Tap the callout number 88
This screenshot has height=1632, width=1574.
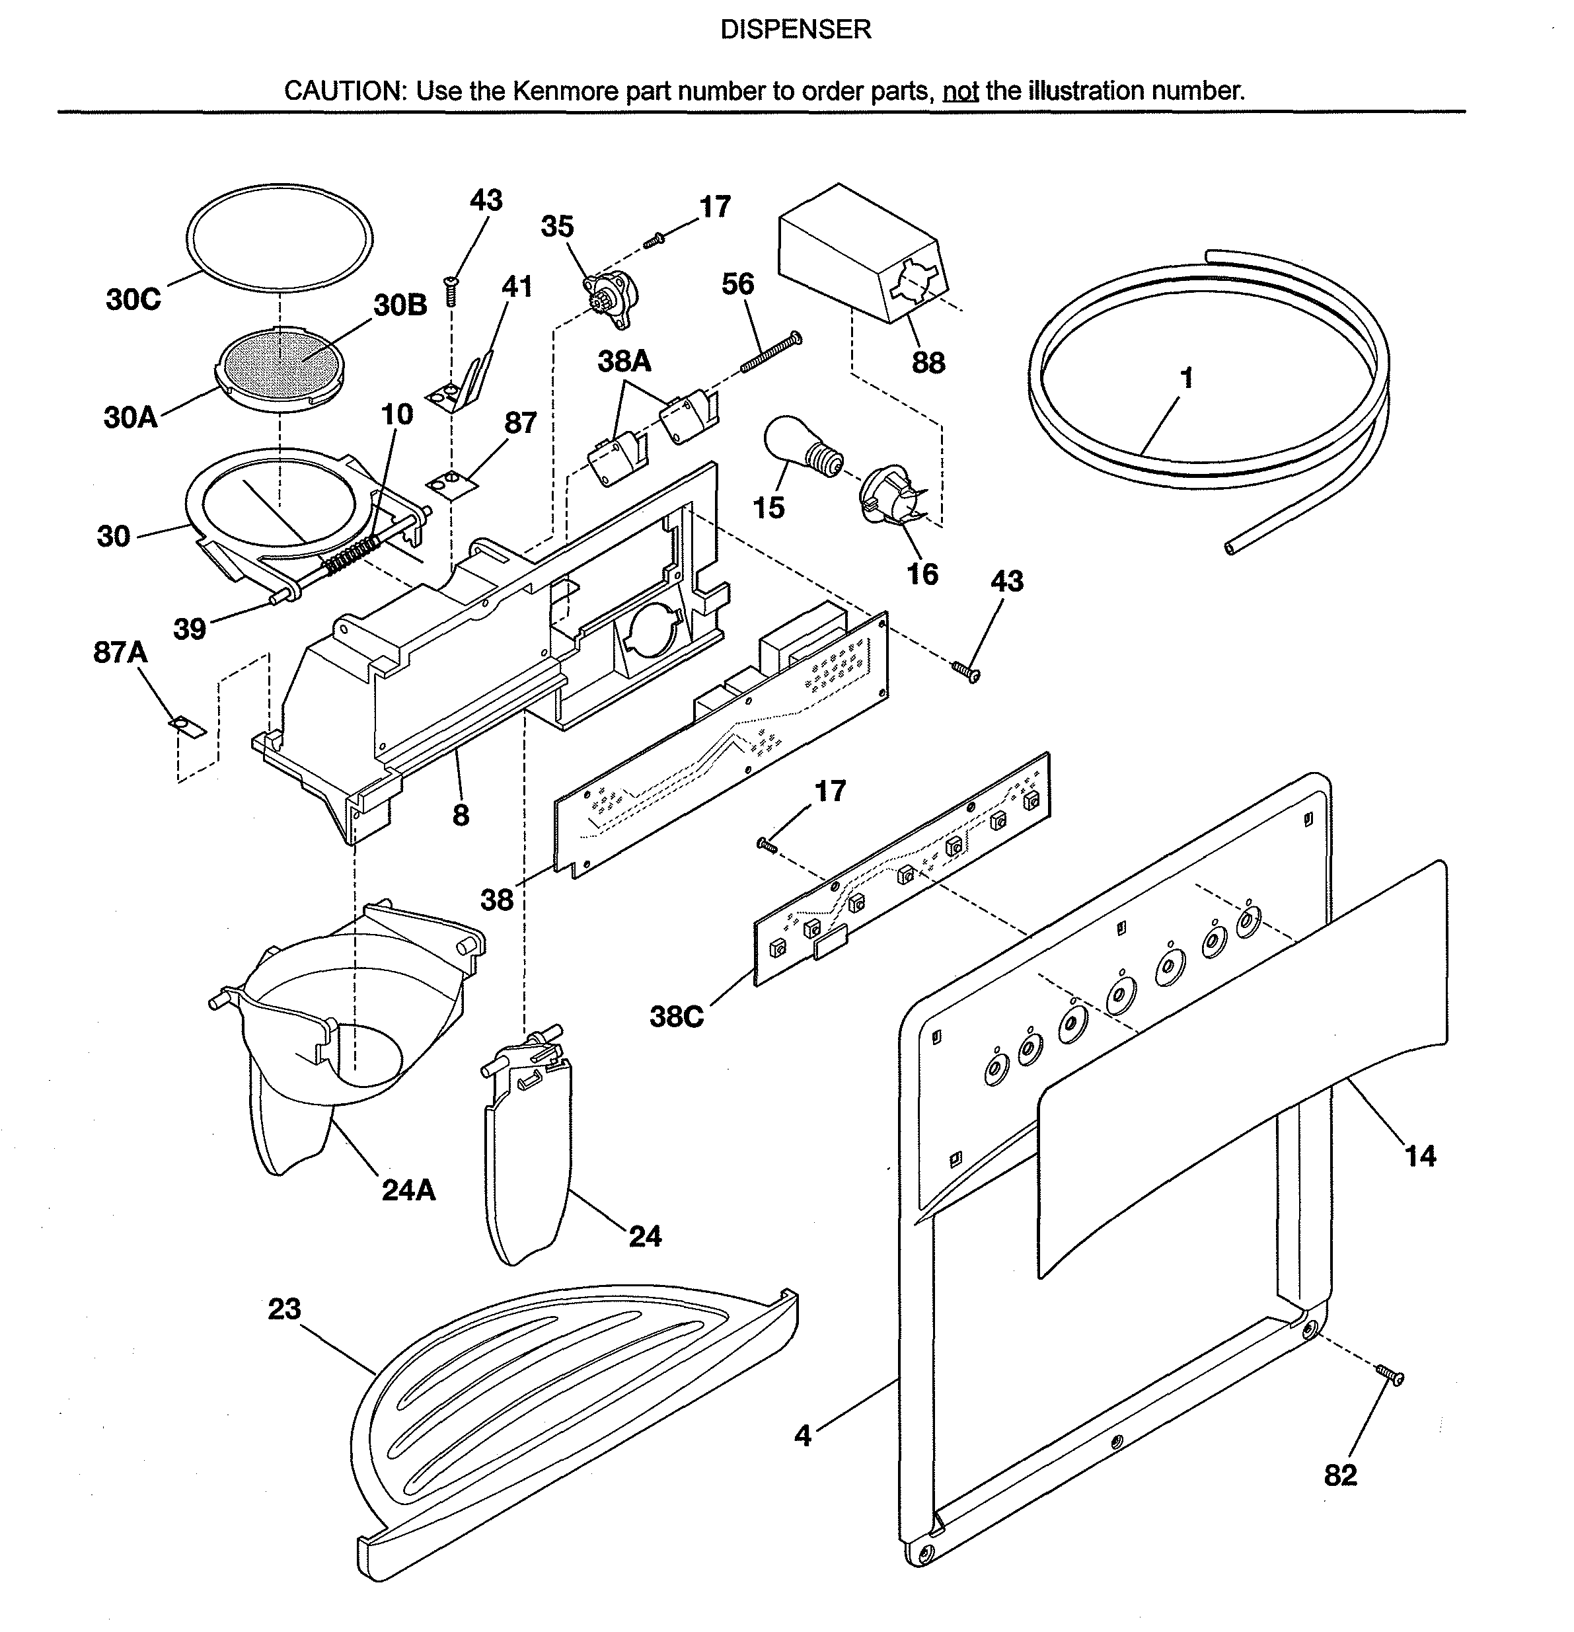click(x=928, y=363)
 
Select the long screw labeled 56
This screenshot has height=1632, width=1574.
click(x=770, y=353)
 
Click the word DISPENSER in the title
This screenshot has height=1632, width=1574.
click(x=795, y=30)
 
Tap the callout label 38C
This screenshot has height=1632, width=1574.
click(x=676, y=1017)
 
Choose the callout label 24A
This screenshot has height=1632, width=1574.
click(x=408, y=1190)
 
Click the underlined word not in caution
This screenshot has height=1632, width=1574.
click(x=959, y=91)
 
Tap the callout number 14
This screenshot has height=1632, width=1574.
click(x=1420, y=1155)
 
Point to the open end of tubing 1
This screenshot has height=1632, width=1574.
click(x=1230, y=547)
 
